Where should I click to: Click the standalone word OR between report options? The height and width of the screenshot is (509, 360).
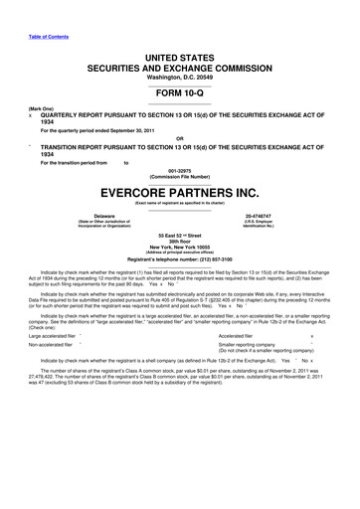tap(179, 137)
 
